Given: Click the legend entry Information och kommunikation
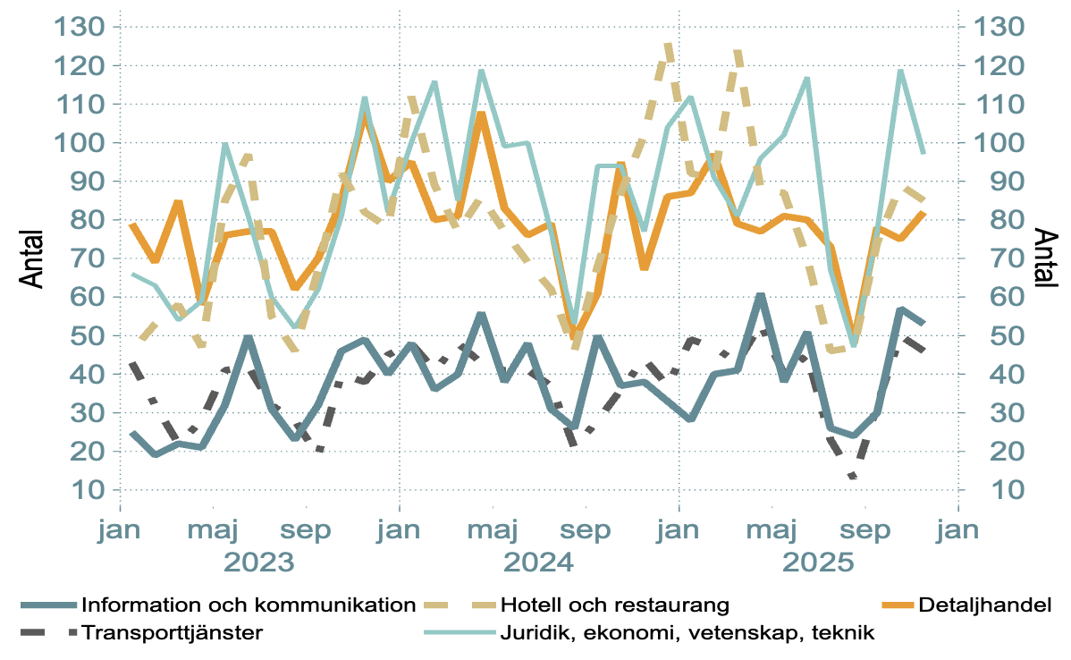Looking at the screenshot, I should (x=249, y=605).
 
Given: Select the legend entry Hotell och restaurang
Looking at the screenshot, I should (x=615, y=605).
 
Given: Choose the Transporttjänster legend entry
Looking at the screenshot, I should (x=172, y=633).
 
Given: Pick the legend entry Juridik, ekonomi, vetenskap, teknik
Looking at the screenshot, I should (x=687, y=633).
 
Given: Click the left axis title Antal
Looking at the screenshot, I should (x=32, y=258).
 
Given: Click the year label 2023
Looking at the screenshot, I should (x=259, y=563).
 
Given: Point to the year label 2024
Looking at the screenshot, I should (x=540, y=563).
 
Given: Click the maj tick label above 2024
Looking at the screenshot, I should (x=493, y=529).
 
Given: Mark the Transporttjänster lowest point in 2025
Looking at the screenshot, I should (x=854, y=477).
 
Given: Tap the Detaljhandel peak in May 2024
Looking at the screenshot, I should (x=481, y=114).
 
